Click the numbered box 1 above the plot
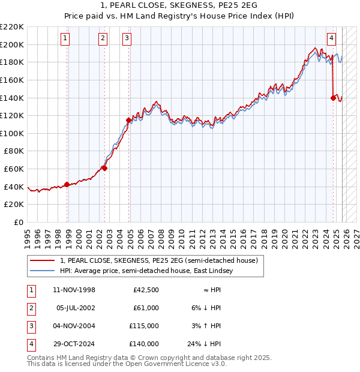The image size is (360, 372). click(65, 38)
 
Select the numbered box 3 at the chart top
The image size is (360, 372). click(127, 38)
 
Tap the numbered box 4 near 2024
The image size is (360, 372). click(331, 38)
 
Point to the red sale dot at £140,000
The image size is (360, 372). click(333, 98)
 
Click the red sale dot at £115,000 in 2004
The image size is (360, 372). click(128, 120)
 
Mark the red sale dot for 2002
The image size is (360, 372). click(104, 168)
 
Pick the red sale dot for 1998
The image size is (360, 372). click(67, 184)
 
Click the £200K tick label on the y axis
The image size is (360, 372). click(12, 44)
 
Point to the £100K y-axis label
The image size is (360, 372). click(12, 133)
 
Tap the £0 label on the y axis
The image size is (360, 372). click(18, 223)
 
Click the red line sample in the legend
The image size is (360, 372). click(43, 260)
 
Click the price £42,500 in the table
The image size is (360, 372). click(146, 290)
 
